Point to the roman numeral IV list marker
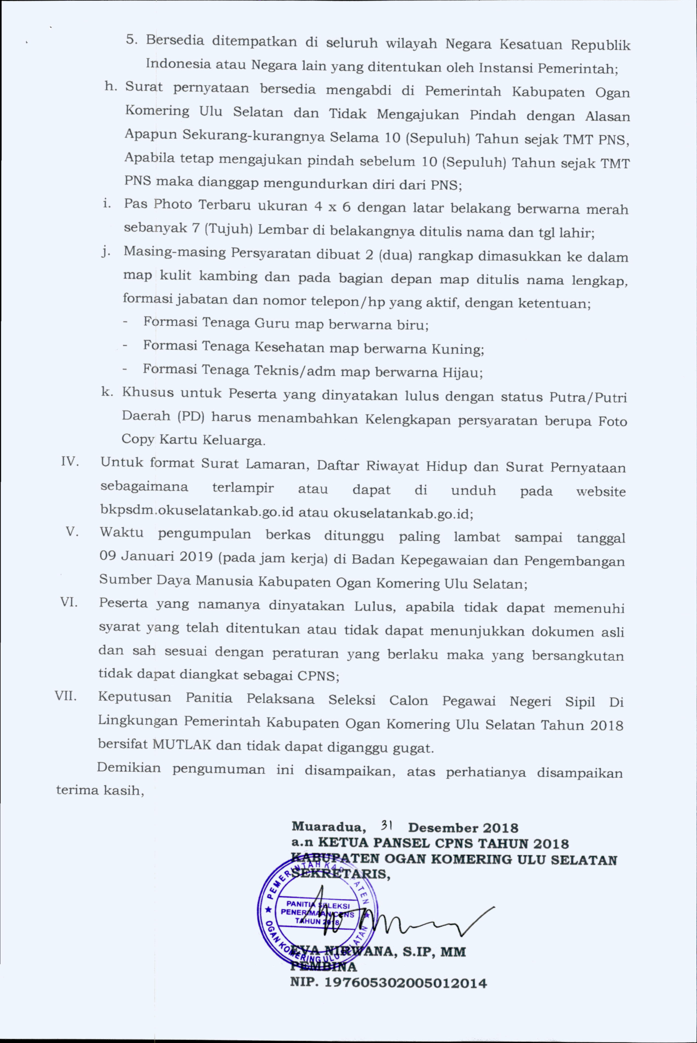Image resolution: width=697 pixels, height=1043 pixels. (x=70, y=461)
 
